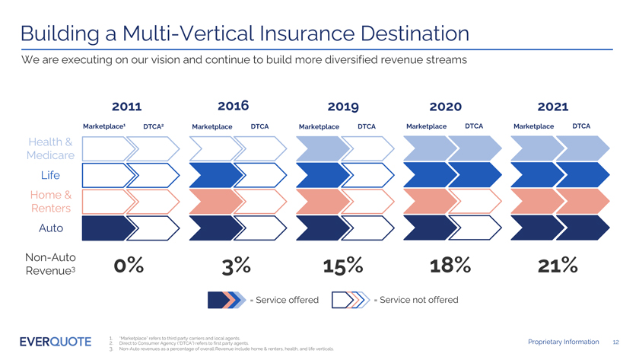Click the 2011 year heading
coord(127,107)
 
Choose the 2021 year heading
coord(553,107)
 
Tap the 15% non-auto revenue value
coord(342,266)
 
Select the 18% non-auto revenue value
coord(449,266)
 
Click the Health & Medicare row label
coord(51,148)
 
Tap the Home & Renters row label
coord(51,201)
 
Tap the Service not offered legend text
coord(418,300)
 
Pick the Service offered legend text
coord(284,300)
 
